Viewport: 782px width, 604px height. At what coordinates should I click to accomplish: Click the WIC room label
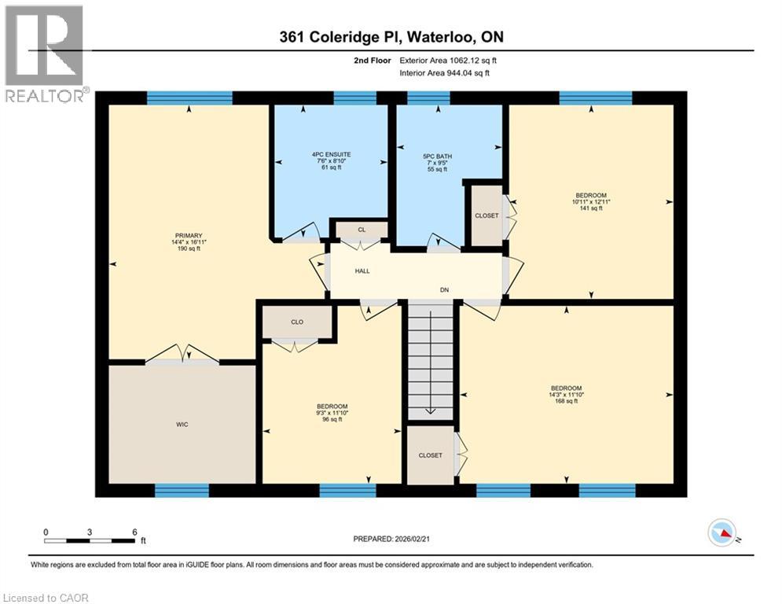point(182,425)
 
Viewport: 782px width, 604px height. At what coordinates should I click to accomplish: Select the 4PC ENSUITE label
point(330,153)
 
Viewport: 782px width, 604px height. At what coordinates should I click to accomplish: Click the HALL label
point(362,271)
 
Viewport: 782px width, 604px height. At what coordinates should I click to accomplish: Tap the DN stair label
point(444,289)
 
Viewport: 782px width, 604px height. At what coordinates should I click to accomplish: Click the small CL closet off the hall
point(362,230)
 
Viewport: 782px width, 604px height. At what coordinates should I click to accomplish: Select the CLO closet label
point(297,322)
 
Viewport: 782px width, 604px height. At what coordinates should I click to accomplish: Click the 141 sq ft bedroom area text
point(592,208)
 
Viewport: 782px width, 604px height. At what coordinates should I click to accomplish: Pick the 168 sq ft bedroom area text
point(566,401)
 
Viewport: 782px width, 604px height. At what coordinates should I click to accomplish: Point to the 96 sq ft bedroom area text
point(331,420)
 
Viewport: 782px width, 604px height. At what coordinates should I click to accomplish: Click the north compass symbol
point(721,533)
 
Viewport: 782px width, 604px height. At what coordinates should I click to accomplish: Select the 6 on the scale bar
point(135,532)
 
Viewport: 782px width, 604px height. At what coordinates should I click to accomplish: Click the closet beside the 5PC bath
point(486,215)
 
